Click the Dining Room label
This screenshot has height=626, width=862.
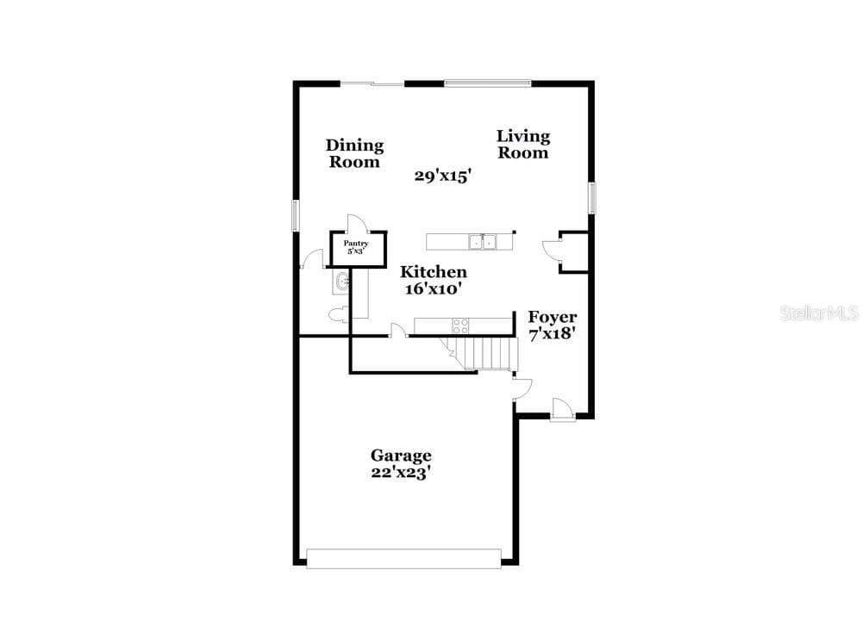coord(354,153)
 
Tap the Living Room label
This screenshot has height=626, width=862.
coord(523,144)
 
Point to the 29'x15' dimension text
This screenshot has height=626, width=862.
coord(443,177)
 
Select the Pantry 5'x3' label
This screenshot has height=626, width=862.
coord(356,247)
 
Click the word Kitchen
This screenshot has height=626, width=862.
coord(434,272)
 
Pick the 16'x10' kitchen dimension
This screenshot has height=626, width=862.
coord(432,288)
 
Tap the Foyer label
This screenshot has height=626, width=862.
coord(553,317)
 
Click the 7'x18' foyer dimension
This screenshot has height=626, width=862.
coord(552,334)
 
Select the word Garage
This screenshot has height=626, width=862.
coord(401,456)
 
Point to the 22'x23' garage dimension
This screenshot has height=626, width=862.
coord(400,473)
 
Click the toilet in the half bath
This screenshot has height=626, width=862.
coord(337,314)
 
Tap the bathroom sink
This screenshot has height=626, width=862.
coord(342,282)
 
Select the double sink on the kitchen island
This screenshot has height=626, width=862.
coord(482,242)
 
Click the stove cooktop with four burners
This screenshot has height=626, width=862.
coord(460,325)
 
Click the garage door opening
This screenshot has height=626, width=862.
coord(403,558)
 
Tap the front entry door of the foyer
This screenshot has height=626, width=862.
coord(562,409)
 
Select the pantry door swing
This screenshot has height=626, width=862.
coord(356,224)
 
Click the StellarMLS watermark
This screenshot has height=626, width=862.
coord(819,313)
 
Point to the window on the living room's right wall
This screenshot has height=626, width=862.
coord(592,198)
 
